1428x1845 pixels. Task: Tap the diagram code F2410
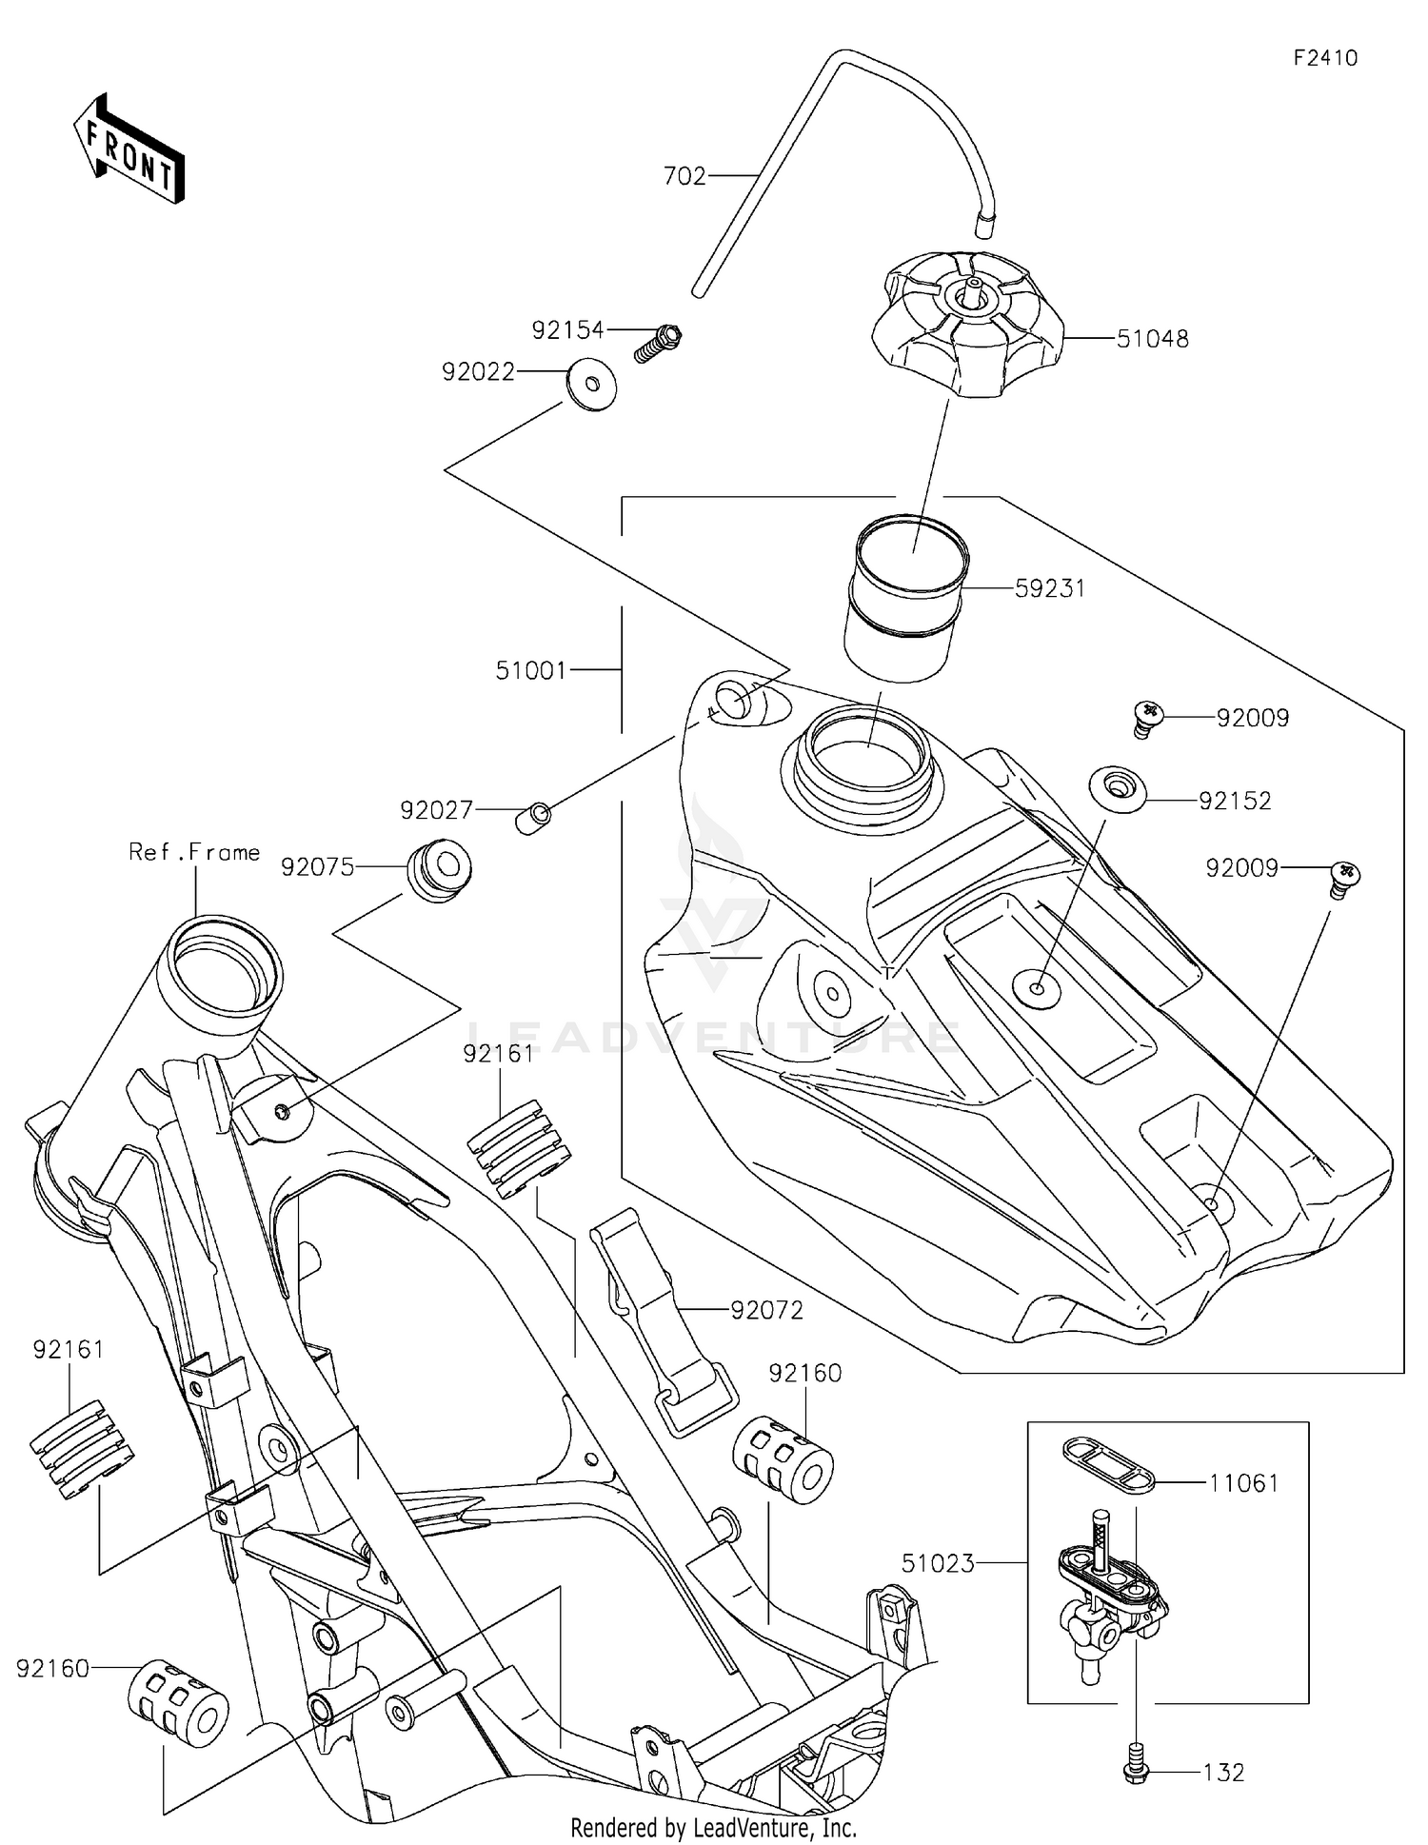click(x=1324, y=58)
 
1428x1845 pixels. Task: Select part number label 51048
click(x=1152, y=339)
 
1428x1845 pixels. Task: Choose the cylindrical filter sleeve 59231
click(x=906, y=598)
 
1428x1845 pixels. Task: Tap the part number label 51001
click(x=530, y=670)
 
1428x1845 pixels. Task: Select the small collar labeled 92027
click(x=533, y=818)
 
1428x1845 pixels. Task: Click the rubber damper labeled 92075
click(x=439, y=869)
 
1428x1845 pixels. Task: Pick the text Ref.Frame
click(x=194, y=852)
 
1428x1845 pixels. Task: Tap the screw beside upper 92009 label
click(x=1149, y=717)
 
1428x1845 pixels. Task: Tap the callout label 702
click(x=684, y=176)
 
